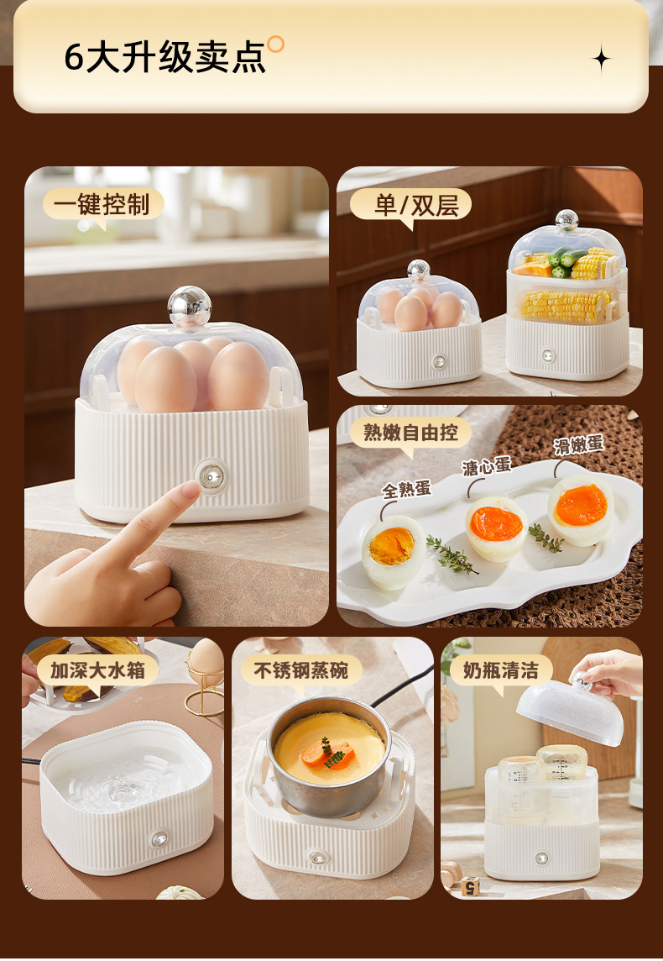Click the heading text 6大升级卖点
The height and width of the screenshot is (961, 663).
[x=165, y=58]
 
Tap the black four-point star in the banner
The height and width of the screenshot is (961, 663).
[x=601, y=59]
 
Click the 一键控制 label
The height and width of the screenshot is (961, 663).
[x=102, y=204]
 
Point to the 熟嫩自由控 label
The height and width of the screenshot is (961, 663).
[x=410, y=432]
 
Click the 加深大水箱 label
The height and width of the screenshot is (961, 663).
[x=98, y=670]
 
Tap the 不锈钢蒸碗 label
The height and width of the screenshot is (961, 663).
[x=301, y=670]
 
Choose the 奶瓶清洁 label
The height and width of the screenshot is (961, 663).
[x=501, y=670]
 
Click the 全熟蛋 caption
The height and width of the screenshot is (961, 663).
[x=406, y=489]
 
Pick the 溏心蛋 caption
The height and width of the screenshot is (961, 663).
[x=487, y=466]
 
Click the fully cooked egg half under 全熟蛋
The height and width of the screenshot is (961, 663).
[x=393, y=551]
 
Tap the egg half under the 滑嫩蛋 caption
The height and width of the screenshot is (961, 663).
[x=581, y=510]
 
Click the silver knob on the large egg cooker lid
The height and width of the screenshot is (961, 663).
[x=190, y=305]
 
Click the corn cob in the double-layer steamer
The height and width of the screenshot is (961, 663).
[x=566, y=305]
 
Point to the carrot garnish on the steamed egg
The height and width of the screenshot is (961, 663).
[x=328, y=754]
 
